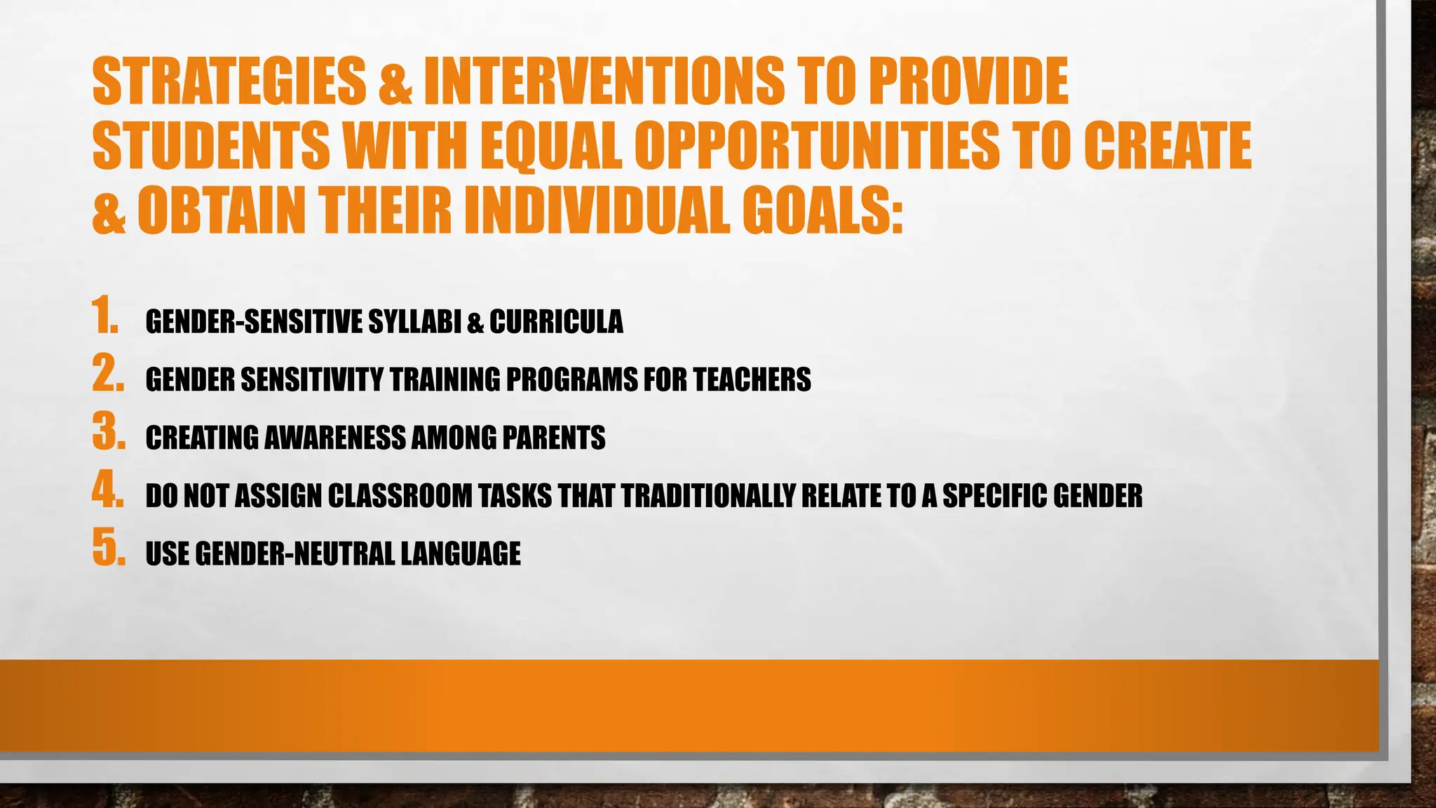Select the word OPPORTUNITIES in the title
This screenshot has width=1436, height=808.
(817, 146)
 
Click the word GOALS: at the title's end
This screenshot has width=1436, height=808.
(822, 210)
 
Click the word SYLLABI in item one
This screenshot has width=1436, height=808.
(414, 322)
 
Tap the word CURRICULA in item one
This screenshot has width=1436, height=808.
(556, 322)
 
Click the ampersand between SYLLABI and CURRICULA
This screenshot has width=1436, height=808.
(475, 323)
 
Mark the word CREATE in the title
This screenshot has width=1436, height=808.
(1167, 146)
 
